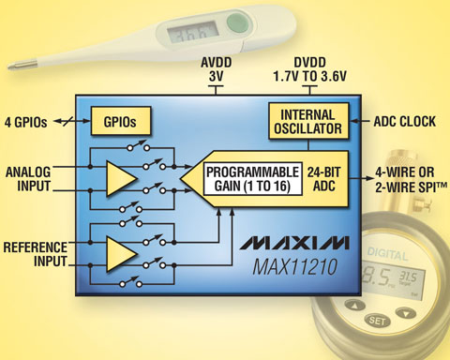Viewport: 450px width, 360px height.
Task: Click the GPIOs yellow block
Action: [x=121, y=121]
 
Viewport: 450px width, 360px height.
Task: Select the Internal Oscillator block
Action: [x=308, y=121]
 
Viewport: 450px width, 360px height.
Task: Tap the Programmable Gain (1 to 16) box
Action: [x=253, y=179]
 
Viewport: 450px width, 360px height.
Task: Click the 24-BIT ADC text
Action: [x=323, y=179]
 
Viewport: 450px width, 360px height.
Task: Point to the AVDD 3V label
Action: [x=216, y=69]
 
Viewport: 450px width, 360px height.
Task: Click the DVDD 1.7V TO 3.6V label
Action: [x=309, y=69]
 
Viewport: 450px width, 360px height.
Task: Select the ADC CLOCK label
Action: [x=405, y=122]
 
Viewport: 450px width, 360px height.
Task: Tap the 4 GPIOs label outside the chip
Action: [x=25, y=122]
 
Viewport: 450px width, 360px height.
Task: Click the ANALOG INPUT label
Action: [x=28, y=179]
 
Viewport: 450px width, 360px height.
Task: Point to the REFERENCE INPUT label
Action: [x=36, y=254]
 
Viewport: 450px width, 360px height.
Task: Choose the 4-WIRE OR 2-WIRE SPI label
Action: [x=411, y=180]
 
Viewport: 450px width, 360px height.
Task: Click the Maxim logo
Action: [x=294, y=243]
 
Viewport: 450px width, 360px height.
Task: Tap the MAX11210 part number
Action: [x=295, y=267]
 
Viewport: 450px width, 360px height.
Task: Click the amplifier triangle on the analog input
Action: [x=120, y=179]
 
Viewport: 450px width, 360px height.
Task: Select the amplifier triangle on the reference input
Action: [x=120, y=254]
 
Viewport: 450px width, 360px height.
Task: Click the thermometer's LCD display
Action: [x=192, y=32]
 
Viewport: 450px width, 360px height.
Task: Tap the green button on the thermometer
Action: [x=238, y=22]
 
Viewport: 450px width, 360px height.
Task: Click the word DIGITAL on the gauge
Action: [x=387, y=254]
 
